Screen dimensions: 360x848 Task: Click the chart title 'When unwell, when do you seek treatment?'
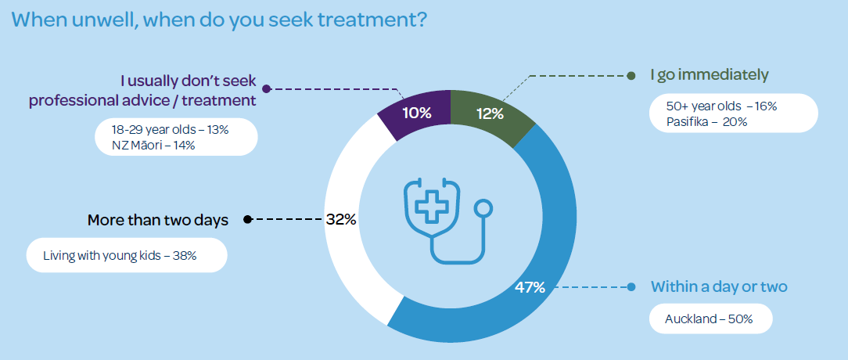(x=219, y=20)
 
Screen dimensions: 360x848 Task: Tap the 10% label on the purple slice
(x=417, y=113)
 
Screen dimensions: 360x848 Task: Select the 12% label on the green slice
(x=489, y=113)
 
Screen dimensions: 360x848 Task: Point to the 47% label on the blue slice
(x=530, y=287)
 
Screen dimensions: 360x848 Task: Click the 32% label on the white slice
(x=341, y=220)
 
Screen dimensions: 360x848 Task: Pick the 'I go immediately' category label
(x=710, y=75)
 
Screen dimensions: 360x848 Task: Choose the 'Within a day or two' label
(x=719, y=287)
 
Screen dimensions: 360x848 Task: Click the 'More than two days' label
(x=158, y=220)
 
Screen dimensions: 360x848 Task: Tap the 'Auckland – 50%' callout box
(x=710, y=319)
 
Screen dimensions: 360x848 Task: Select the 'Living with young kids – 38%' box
(x=125, y=256)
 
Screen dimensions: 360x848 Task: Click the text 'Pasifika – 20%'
(x=707, y=121)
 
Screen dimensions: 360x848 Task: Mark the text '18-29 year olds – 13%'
(x=170, y=130)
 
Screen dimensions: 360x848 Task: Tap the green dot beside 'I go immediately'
(x=631, y=76)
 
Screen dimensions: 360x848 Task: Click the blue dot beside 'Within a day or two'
(x=631, y=287)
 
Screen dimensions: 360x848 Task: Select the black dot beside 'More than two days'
(x=248, y=220)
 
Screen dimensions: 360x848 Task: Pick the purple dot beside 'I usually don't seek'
(x=265, y=88)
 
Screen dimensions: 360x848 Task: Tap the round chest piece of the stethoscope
(x=484, y=209)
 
